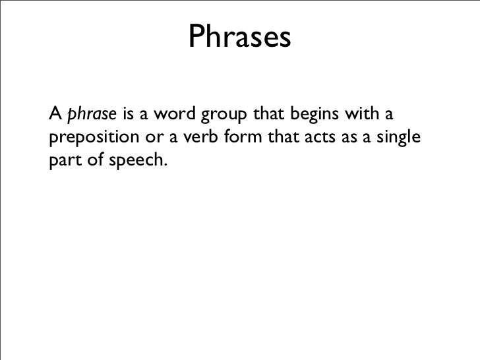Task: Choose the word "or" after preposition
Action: point(150,138)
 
